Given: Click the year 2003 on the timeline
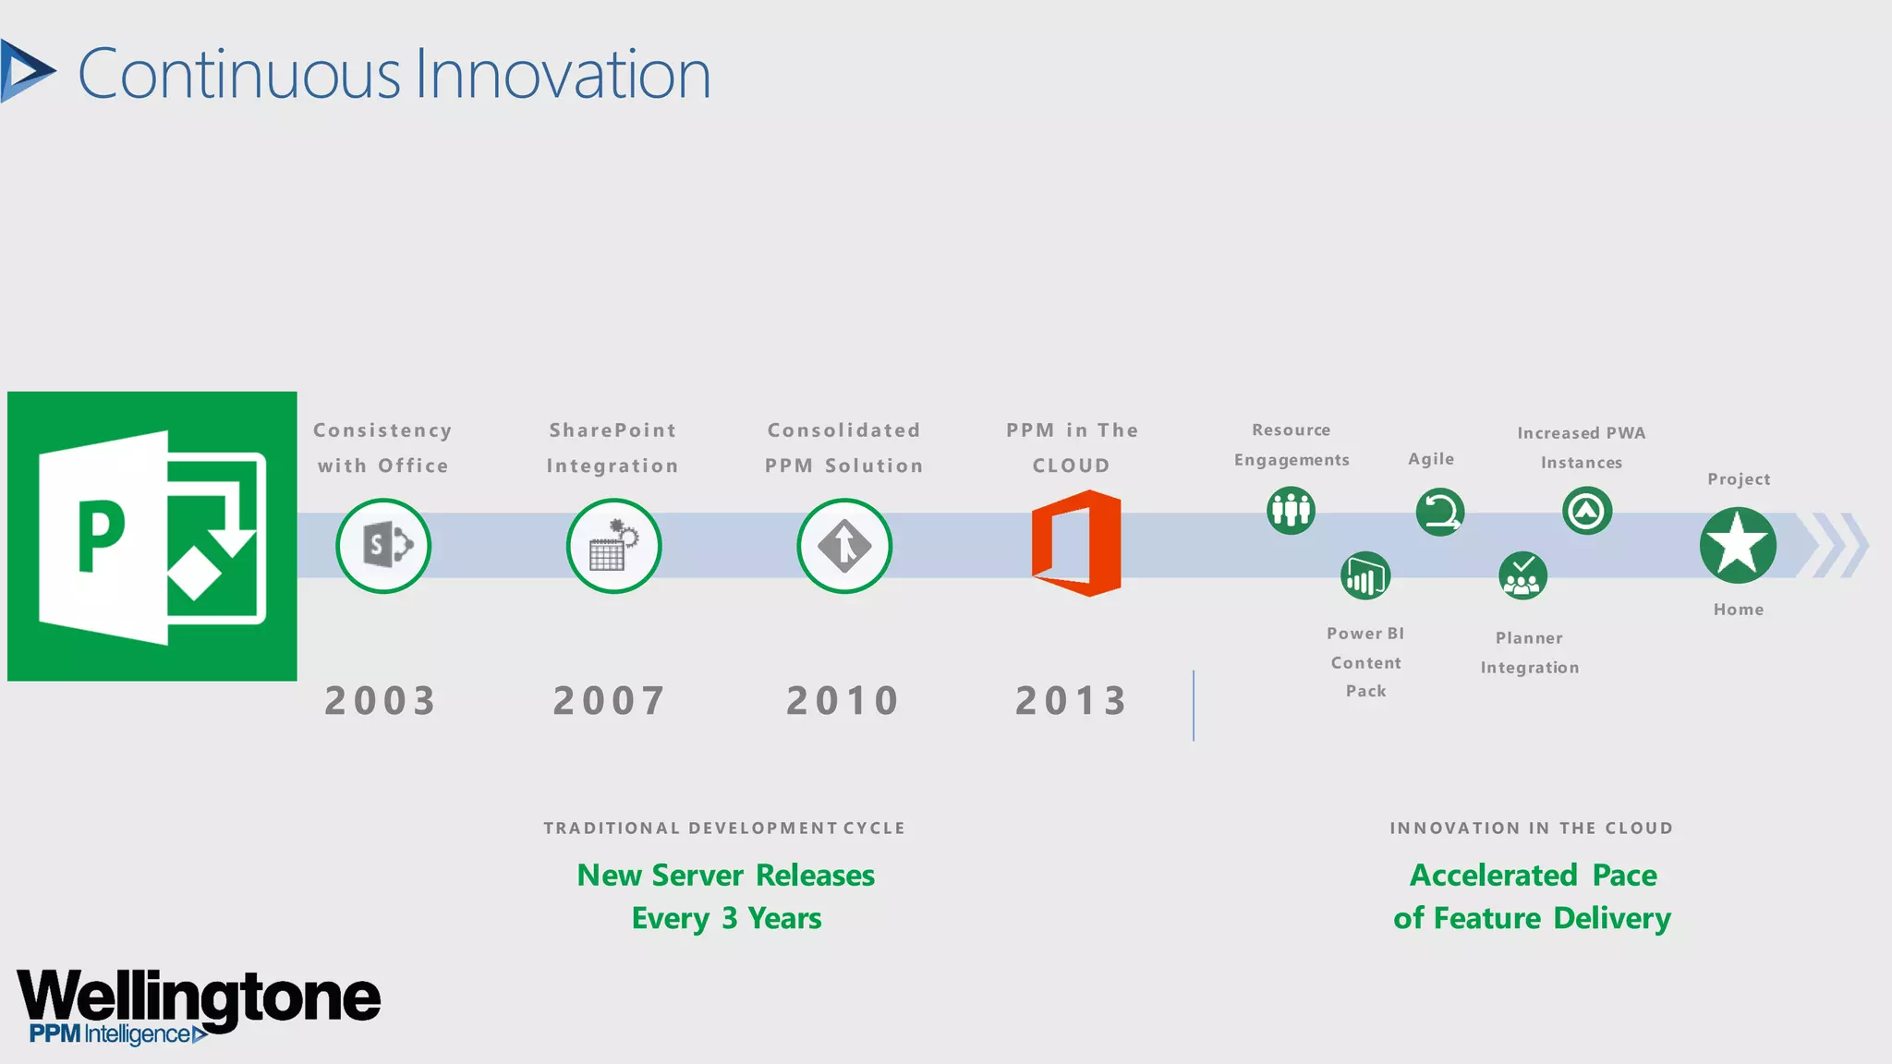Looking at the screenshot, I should (380, 701).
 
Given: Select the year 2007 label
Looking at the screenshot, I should (609, 701).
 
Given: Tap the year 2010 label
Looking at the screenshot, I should (843, 701).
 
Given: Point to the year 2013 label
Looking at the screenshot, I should (1072, 701).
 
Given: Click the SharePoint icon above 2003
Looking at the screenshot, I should (383, 546).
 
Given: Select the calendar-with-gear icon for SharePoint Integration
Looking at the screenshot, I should (613, 546).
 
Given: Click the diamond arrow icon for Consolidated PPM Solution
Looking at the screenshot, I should (844, 546).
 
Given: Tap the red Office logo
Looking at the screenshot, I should (1076, 543).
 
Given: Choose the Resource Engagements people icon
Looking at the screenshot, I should (1291, 510).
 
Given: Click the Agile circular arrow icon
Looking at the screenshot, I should (1439, 512).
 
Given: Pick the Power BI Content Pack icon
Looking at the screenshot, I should (1365, 576).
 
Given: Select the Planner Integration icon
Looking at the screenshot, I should (1522, 576).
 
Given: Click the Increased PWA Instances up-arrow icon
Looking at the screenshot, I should (1587, 511).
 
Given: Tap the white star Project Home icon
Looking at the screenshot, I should (1738, 545).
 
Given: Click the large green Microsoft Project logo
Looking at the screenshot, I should (152, 537).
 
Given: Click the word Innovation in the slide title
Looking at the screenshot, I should (563, 75).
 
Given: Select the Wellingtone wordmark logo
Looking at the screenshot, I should (199, 997).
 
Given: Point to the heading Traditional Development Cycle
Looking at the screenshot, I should (724, 828).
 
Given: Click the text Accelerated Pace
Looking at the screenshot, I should (1533, 875).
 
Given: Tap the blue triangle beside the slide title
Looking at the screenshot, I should (26, 71).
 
